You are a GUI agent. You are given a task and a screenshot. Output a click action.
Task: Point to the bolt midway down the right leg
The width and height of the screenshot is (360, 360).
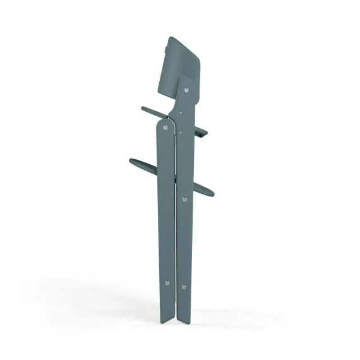pyautogui.click(x=184, y=200)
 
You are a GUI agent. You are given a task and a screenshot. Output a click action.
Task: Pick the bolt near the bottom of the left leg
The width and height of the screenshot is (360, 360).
pyautogui.click(x=167, y=283)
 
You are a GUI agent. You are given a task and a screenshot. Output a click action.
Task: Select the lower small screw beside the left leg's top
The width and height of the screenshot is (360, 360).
pyautogui.click(x=181, y=133)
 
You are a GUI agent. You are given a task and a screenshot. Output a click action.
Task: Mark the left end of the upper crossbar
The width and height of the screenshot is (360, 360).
pyautogui.click(x=144, y=109)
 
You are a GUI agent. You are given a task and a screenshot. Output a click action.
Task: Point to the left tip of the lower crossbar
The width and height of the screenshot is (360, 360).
pyautogui.click(x=130, y=160)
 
